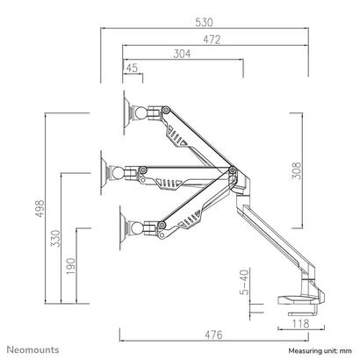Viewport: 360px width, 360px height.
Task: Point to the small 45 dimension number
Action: (x=132, y=68)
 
